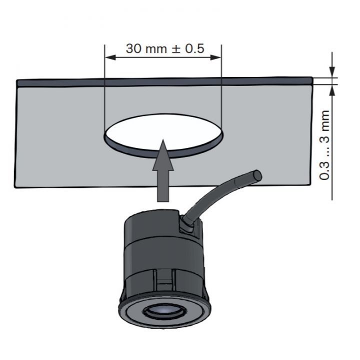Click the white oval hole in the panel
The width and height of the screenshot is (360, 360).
pos(162,131)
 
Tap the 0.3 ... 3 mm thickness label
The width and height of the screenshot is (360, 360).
pos(325,145)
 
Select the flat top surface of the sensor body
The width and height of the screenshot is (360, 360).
pos(150,219)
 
